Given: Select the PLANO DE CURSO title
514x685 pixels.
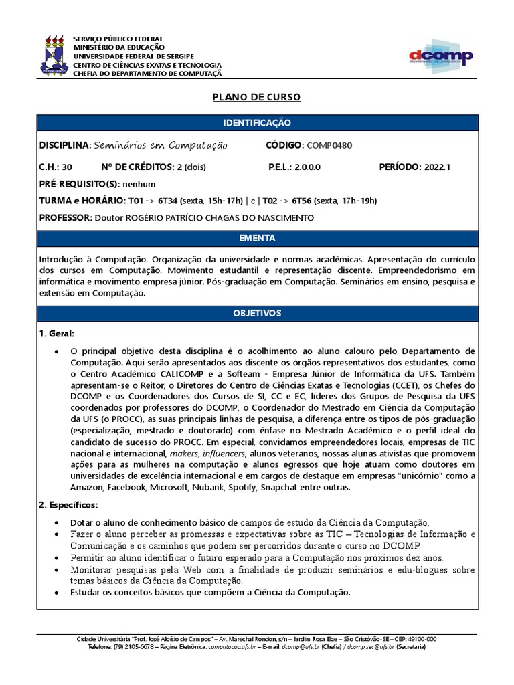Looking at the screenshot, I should (x=257, y=98).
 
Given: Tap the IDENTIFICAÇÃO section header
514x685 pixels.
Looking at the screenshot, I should (x=257, y=123).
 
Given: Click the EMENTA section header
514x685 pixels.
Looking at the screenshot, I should (x=257, y=238).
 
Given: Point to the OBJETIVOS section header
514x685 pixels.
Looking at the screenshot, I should (x=257, y=313).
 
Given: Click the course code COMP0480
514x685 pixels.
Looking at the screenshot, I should (x=330, y=146).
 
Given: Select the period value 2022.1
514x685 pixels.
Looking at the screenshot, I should (x=437, y=167).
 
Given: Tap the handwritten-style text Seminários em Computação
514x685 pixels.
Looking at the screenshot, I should (x=161, y=146).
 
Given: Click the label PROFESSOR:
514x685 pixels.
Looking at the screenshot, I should (x=66, y=217).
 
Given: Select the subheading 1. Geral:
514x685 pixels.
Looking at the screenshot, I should (x=57, y=333).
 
